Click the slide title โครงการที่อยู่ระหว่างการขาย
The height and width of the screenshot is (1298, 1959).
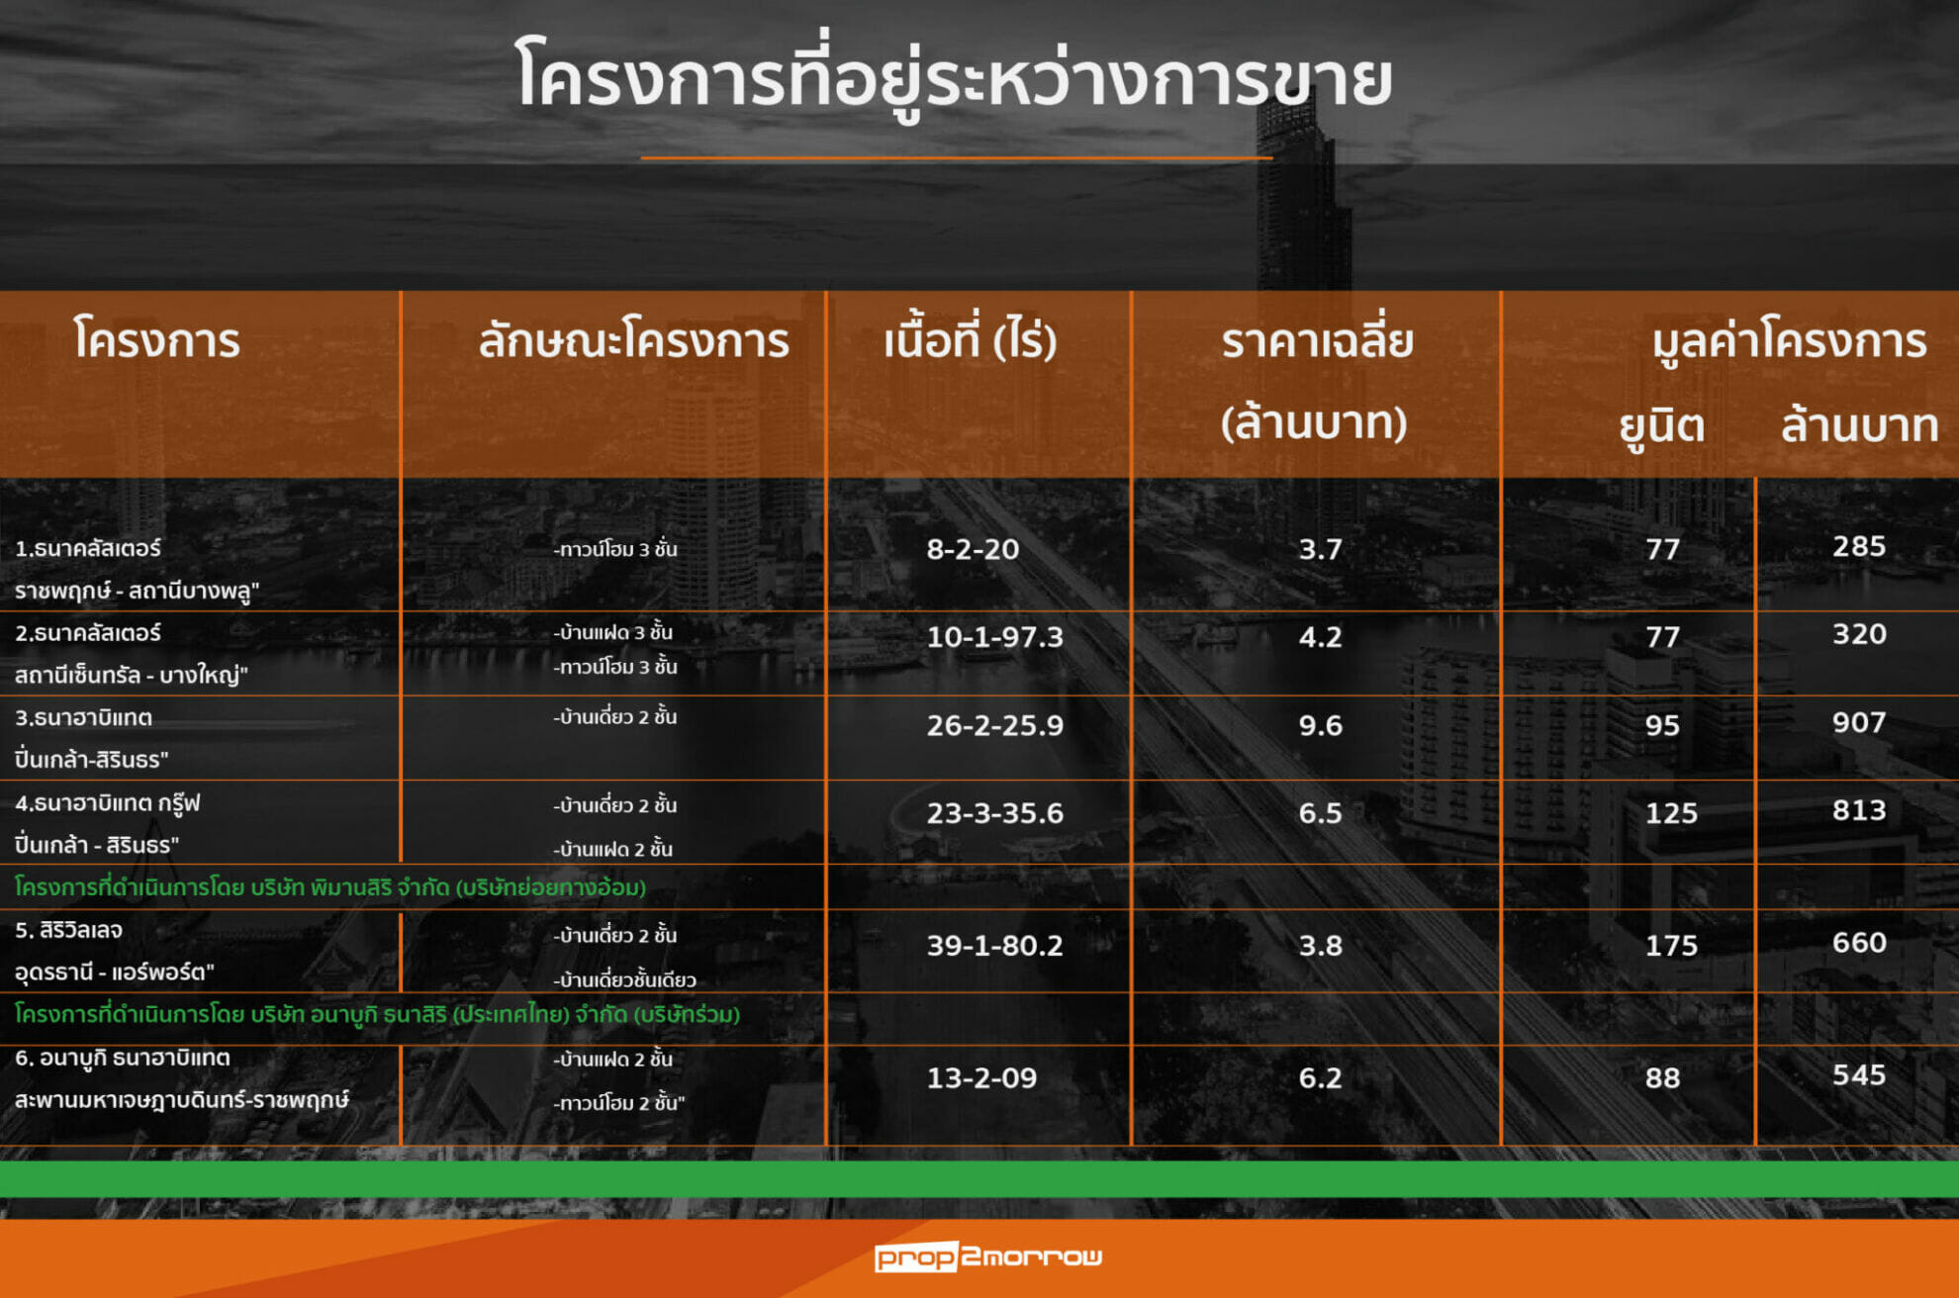click(954, 78)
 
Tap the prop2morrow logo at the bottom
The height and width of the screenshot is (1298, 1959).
click(987, 1256)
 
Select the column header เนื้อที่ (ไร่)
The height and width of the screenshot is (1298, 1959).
click(970, 340)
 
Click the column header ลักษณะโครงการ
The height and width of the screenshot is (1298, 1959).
click(633, 340)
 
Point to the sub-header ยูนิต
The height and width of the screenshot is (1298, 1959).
click(1661, 426)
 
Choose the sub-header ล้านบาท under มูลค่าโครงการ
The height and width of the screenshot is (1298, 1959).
click(1859, 425)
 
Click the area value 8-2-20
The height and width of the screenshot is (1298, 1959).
click(973, 549)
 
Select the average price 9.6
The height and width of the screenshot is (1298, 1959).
click(1320, 725)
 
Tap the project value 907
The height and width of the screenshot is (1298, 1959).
click(1859, 722)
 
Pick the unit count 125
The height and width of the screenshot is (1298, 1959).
click(1671, 813)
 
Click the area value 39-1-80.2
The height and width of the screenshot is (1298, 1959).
click(994, 946)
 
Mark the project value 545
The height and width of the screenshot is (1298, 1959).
click(1859, 1075)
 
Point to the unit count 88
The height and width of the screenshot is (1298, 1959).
click(1662, 1078)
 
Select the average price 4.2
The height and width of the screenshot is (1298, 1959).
click(1320, 637)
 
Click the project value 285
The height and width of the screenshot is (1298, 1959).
click(1859, 546)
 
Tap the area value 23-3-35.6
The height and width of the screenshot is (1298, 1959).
click(994, 813)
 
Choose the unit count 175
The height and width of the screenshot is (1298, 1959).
click(1671, 946)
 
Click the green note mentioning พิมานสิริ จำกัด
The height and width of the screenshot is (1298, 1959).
click(330, 887)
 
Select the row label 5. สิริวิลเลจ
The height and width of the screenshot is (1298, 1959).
click(68, 931)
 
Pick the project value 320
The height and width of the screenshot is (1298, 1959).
click(1859, 634)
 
